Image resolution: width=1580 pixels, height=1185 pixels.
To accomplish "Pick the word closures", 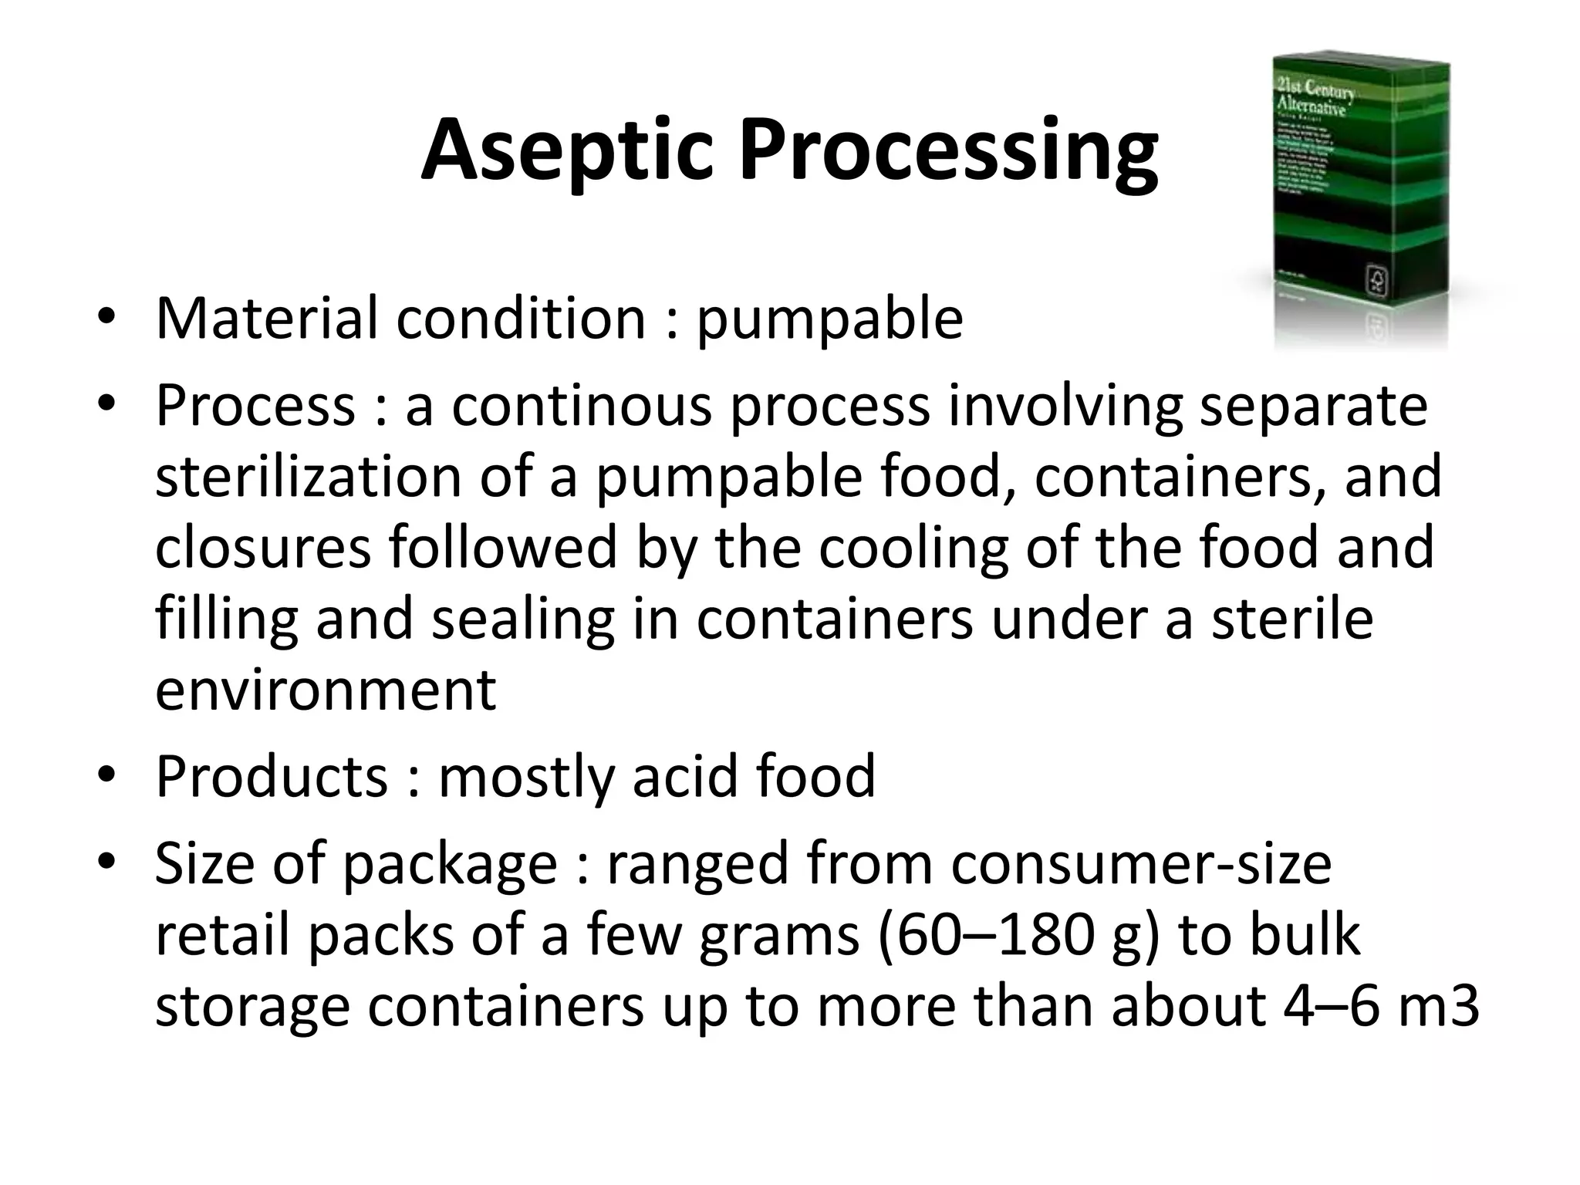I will [x=263, y=547].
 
